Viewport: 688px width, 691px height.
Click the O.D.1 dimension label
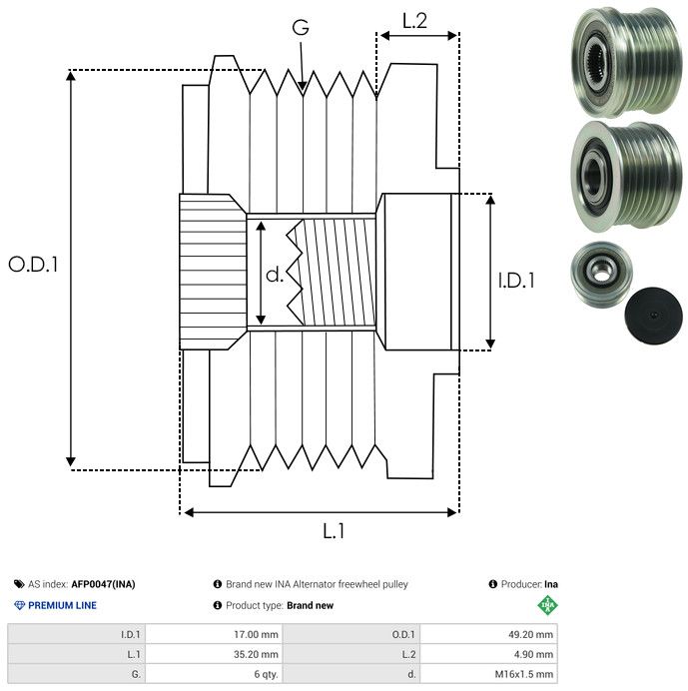[x=34, y=265]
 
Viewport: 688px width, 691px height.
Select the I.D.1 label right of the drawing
[x=516, y=281]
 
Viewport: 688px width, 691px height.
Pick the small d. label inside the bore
[x=275, y=275]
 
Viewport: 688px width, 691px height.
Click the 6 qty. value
[x=265, y=674]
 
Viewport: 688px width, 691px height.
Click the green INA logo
[x=547, y=605]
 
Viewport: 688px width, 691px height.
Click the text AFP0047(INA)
[x=105, y=584]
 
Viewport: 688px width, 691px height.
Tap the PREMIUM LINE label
[x=62, y=605]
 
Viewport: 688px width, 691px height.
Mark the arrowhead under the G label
[x=302, y=88]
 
